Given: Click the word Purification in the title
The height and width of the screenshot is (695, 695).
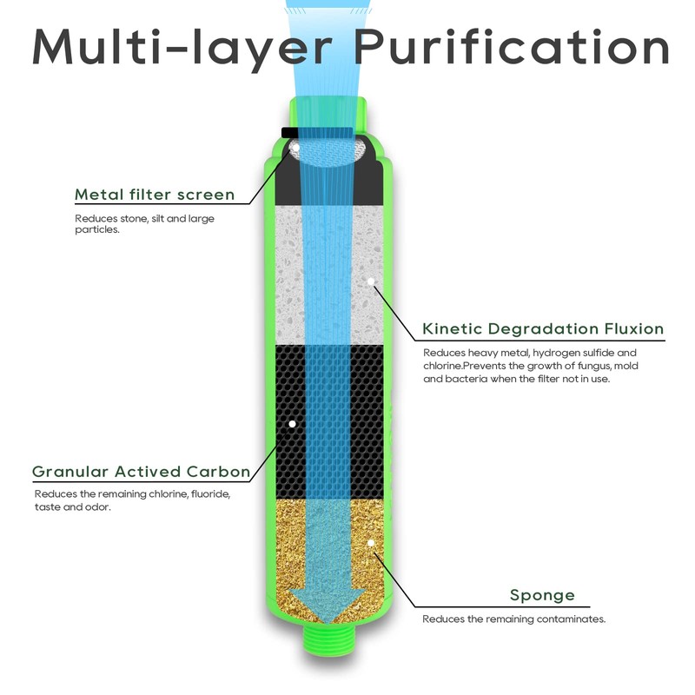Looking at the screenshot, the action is tap(512, 48).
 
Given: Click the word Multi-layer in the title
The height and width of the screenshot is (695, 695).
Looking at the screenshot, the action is tap(182, 50).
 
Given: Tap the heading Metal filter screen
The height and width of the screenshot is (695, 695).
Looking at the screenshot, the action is tap(155, 195).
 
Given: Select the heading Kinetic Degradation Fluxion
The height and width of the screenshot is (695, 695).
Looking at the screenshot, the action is tap(543, 329).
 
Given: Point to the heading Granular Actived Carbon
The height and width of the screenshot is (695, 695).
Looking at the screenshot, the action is tap(142, 472).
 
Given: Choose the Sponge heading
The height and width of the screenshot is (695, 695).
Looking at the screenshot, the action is tap(542, 595).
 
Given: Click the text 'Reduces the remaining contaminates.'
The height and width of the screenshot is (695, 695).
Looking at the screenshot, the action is tap(513, 619).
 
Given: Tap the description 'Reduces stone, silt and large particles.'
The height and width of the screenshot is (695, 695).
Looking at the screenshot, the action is tap(144, 224).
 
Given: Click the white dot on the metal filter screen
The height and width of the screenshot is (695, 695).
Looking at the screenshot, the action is tap(296, 147).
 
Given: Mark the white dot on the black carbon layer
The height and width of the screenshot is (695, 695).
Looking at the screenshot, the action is tap(292, 424).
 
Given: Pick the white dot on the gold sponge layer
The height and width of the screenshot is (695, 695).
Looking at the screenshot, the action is tap(371, 542).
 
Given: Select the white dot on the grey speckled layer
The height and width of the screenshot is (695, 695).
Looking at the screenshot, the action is tap(371, 281).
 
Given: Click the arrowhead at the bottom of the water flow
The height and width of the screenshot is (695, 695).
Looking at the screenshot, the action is tap(328, 605).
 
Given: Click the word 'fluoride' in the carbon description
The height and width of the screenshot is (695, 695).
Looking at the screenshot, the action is tap(210, 493).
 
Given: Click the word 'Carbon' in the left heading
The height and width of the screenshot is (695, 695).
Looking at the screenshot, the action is tap(218, 472).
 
